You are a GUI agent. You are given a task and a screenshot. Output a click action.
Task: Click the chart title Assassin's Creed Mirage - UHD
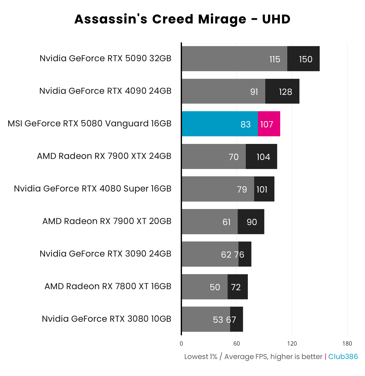click(x=182, y=19)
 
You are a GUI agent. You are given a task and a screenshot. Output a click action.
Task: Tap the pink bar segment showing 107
click(x=269, y=124)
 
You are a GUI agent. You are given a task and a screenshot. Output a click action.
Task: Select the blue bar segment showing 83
click(x=220, y=124)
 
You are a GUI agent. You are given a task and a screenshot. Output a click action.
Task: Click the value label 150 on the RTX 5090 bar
click(x=306, y=59)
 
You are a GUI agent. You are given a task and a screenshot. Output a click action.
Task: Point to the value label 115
click(x=275, y=59)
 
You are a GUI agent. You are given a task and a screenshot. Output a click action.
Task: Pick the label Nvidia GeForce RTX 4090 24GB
click(x=105, y=91)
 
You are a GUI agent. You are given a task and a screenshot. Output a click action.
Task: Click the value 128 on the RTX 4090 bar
click(x=285, y=92)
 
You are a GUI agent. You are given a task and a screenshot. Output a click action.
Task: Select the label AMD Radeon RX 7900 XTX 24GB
click(x=104, y=156)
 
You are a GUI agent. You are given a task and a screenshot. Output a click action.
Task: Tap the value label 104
click(x=263, y=157)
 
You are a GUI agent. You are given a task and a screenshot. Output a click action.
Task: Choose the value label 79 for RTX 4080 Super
click(x=242, y=190)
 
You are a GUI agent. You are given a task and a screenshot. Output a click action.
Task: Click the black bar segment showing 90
click(x=251, y=222)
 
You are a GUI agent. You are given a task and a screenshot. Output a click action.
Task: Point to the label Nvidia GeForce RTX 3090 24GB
click(x=105, y=254)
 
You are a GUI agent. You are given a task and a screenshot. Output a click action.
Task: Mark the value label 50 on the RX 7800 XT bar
click(x=215, y=287)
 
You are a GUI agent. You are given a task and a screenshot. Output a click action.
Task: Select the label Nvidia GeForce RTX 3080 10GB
click(x=107, y=319)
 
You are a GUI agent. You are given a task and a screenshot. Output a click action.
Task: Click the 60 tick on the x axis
click(x=237, y=344)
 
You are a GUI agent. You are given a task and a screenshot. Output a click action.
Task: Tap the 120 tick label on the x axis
click(x=292, y=344)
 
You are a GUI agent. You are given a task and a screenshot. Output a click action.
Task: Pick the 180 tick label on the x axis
click(x=347, y=344)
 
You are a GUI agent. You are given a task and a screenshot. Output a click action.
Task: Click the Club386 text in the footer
click(x=343, y=357)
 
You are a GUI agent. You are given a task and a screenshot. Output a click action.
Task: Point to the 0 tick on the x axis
click(x=181, y=344)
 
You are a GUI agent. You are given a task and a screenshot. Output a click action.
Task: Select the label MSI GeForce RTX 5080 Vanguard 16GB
click(x=90, y=123)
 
